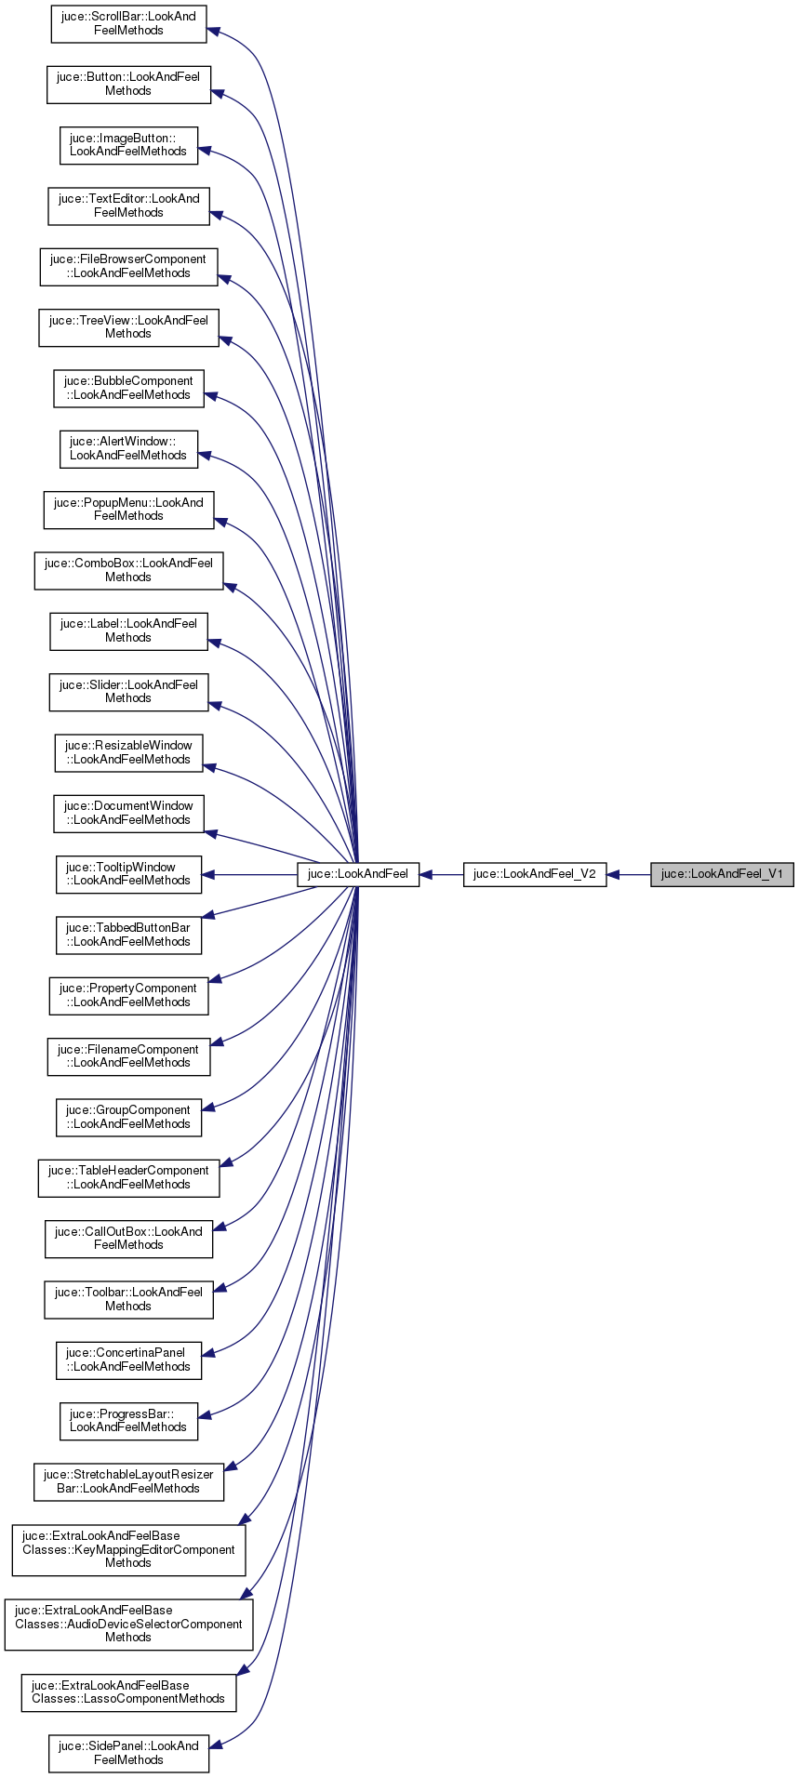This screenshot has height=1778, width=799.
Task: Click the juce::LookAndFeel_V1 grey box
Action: pyautogui.click(x=722, y=874)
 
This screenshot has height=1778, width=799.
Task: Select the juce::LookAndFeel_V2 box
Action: pyautogui.click(x=535, y=874)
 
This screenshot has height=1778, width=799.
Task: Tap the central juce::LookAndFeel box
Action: pyautogui.click(x=358, y=874)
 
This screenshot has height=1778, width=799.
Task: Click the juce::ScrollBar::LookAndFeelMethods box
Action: pyautogui.click(x=128, y=24)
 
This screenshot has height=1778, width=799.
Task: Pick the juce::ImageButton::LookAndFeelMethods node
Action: pyautogui.click(x=128, y=145)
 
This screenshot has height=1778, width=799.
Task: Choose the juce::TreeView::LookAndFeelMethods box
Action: pyautogui.click(x=128, y=327)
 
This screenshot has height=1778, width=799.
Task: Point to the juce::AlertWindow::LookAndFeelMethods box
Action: pyautogui.click(x=128, y=449)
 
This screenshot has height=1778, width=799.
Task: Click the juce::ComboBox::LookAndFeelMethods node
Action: pyautogui.click(x=128, y=570)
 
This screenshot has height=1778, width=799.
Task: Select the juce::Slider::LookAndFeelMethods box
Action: pyautogui.click(x=128, y=692)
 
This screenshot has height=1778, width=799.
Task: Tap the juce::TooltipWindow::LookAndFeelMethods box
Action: pyautogui.click(x=128, y=874)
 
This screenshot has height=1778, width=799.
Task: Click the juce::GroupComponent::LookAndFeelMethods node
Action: pyautogui.click(x=128, y=1117)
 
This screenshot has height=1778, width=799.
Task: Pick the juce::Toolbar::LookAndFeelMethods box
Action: pyautogui.click(x=128, y=1299)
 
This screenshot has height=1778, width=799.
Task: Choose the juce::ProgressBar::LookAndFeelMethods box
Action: pyautogui.click(x=128, y=1421)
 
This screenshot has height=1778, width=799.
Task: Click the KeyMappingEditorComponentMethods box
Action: pyautogui.click(x=128, y=1549)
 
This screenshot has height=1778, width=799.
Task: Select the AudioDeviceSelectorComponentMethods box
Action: pyautogui.click(x=128, y=1625)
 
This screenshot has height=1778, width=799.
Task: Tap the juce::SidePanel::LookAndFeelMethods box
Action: pyautogui.click(x=128, y=1753)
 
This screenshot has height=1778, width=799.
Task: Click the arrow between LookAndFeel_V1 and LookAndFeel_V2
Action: pyautogui.click(x=629, y=874)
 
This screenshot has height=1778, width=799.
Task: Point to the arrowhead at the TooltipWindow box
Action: pyautogui.click(x=209, y=874)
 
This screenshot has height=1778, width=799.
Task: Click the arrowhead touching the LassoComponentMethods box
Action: pyautogui.click(x=243, y=1671)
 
